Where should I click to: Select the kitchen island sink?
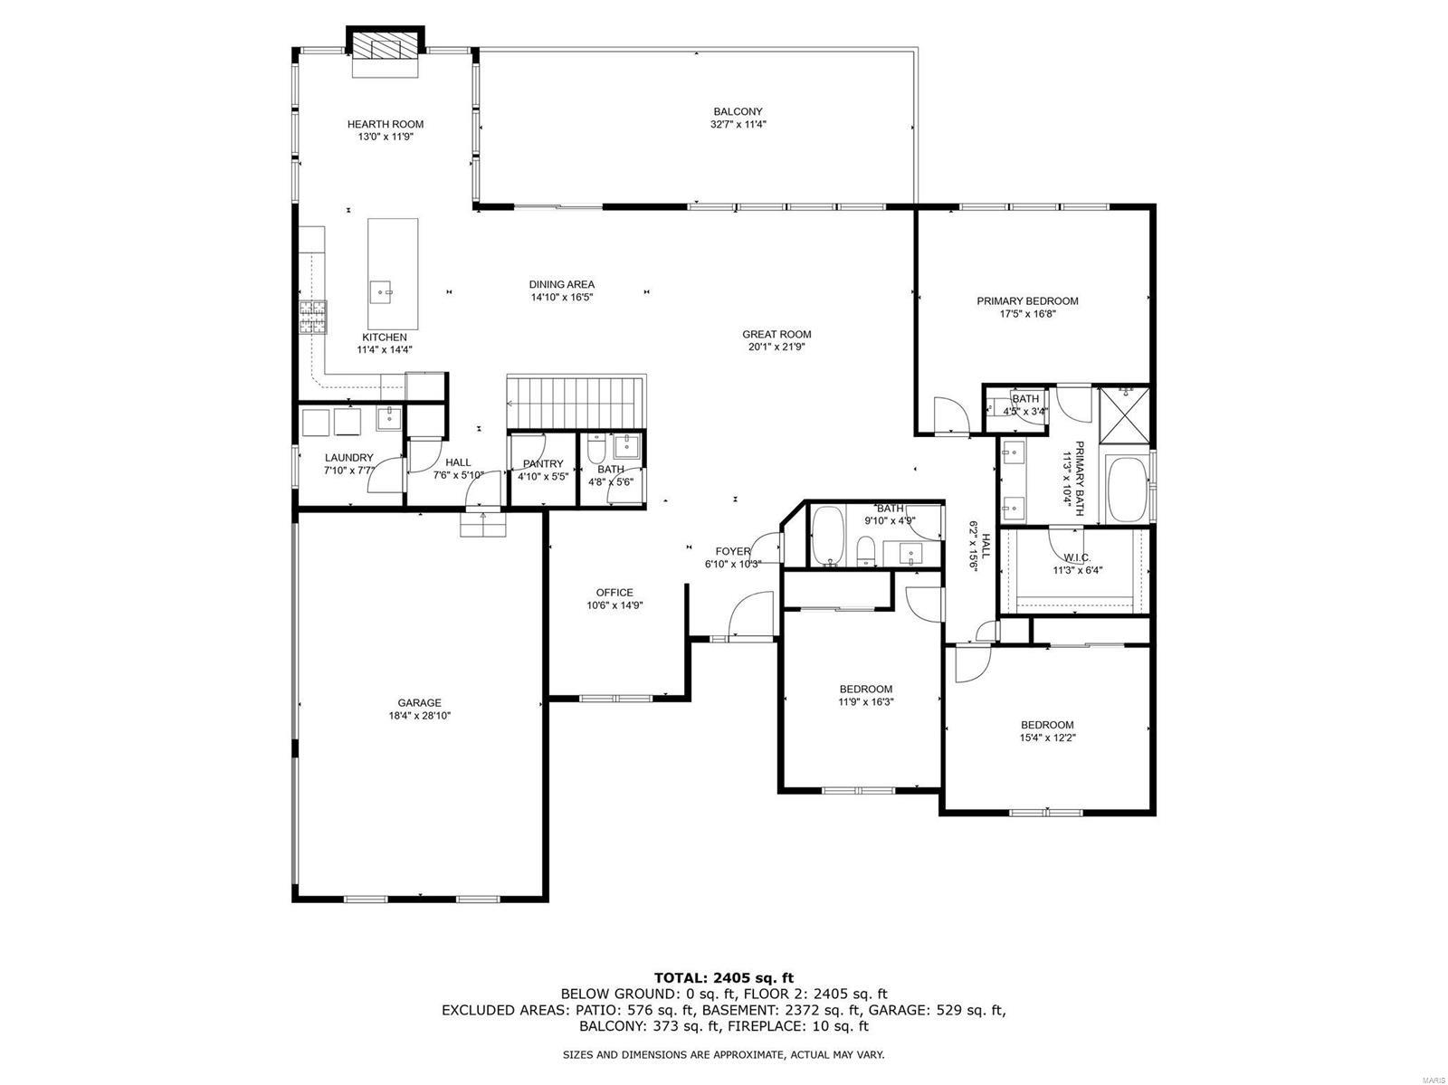pyautogui.click(x=382, y=293)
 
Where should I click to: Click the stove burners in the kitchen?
pyautogui.click(x=314, y=318)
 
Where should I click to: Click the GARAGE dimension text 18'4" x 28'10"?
pyautogui.click(x=420, y=716)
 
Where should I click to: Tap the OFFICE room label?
pyautogui.click(x=614, y=593)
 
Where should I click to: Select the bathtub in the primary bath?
pyautogui.click(x=1127, y=489)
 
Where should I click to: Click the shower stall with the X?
pyautogui.click(x=1125, y=416)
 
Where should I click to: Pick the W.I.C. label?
pyautogui.click(x=1077, y=557)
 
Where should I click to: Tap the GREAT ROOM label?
pyautogui.click(x=776, y=334)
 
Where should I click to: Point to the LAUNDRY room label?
pyautogui.click(x=348, y=458)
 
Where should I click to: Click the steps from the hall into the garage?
pyautogui.click(x=483, y=525)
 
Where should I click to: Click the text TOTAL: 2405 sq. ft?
pyautogui.click(x=723, y=977)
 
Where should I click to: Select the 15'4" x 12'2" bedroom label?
pyautogui.click(x=1047, y=725)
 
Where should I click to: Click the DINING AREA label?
pyautogui.click(x=562, y=284)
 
